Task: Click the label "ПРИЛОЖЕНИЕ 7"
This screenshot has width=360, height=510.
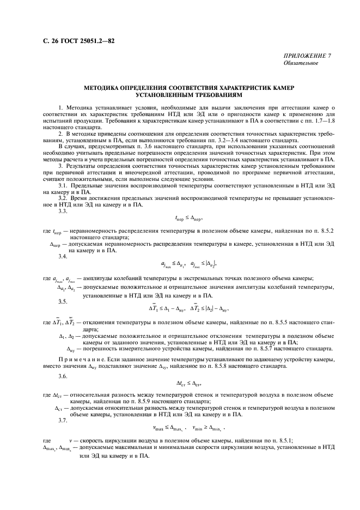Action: click(x=307, y=56)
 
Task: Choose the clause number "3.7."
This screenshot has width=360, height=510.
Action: click(x=63, y=420)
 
